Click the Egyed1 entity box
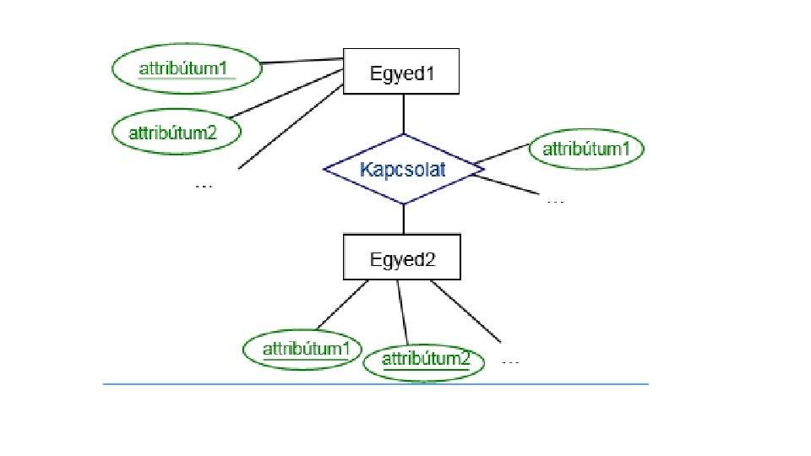400,73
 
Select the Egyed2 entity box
401,257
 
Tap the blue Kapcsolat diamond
403,169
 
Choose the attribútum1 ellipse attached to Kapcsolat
586,150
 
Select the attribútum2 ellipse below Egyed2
425,361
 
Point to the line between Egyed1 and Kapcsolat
404,114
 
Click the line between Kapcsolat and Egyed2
404,219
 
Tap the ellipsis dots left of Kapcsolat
204,185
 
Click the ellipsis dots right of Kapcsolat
555,201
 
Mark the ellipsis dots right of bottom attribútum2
510,361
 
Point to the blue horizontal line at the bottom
376,384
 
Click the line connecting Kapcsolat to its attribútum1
502,154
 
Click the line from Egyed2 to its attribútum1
342,305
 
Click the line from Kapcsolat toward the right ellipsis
511,182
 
